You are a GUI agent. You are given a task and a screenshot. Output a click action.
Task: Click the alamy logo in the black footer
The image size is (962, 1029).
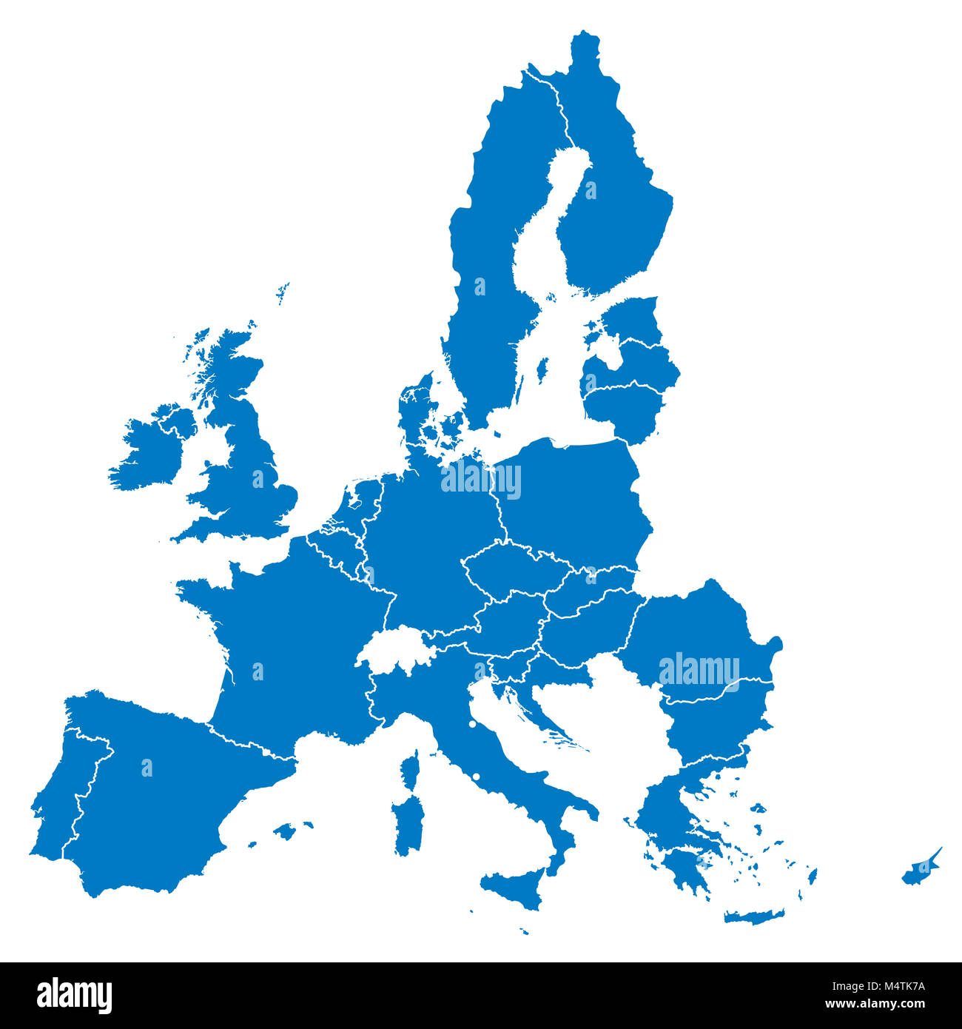tap(74, 996)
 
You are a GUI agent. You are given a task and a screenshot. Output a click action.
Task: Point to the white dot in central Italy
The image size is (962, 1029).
tap(472, 723)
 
